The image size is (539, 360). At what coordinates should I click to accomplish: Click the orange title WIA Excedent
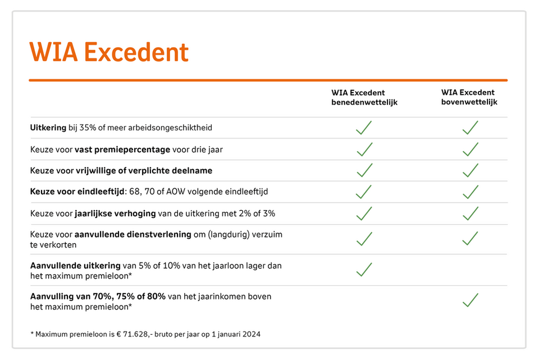(109, 52)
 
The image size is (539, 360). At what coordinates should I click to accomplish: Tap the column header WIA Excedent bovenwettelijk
(469, 97)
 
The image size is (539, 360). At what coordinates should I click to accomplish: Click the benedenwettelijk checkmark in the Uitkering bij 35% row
(364, 128)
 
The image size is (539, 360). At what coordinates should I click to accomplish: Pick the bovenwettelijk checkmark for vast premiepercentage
(470, 149)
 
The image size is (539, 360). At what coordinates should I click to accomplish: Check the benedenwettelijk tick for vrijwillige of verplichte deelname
(364, 170)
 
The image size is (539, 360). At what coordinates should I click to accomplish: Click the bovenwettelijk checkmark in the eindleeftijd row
(470, 192)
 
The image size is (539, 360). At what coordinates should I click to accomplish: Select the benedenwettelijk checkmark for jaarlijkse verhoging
(364, 213)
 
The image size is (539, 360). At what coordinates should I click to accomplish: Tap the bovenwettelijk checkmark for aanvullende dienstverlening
(470, 239)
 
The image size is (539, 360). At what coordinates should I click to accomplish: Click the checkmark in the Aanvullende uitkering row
(364, 270)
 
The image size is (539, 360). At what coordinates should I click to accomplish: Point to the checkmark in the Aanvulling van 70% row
(470, 300)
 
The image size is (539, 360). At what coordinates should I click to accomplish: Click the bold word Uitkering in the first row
(48, 128)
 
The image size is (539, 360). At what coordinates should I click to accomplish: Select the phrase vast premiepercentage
(122, 149)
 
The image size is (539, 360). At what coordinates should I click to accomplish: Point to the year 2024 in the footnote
(252, 334)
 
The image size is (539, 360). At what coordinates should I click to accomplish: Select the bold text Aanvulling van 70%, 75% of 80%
(98, 296)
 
